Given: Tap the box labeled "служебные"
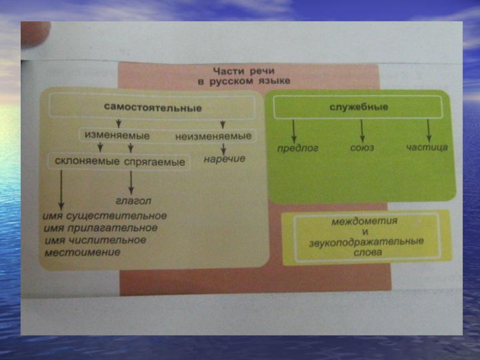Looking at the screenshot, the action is [359, 107].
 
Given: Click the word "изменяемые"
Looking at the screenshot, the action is [117, 136].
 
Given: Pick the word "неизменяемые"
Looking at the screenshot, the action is [214, 136].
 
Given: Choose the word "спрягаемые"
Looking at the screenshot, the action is [155, 162].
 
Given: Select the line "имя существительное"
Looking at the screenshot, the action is [106, 215].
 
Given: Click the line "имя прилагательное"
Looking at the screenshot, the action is [101, 228].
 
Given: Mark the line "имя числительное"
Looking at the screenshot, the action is [95, 240].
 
